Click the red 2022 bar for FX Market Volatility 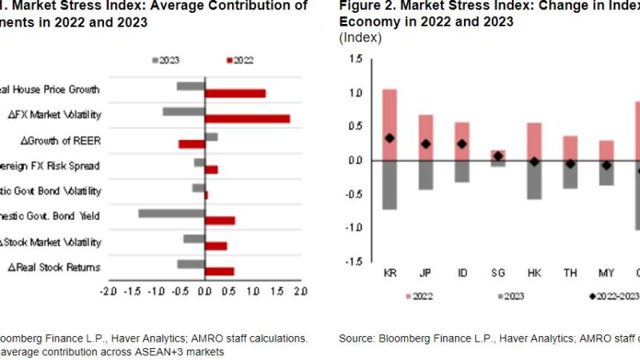pyautogui.click(x=247, y=119)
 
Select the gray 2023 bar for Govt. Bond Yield pyautogui.click(x=171, y=214)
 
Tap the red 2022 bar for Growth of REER pyautogui.click(x=191, y=144)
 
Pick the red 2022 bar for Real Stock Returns pyautogui.click(x=219, y=271)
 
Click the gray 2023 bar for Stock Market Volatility pyautogui.click(x=194, y=238)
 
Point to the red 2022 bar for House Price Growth pyautogui.click(x=235, y=94)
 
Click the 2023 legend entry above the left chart pyautogui.click(x=166, y=60)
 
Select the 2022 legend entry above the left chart pyautogui.click(x=240, y=60)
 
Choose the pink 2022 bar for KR pyautogui.click(x=390, y=124)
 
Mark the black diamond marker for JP pyautogui.click(x=426, y=144)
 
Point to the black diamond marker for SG pyautogui.click(x=498, y=156)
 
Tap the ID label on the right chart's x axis pyautogui.click(x=462, y=273)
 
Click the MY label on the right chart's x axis pyautogui.click(x=606, y=273)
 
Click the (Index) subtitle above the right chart pyautogui.click(x=360, y=38)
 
